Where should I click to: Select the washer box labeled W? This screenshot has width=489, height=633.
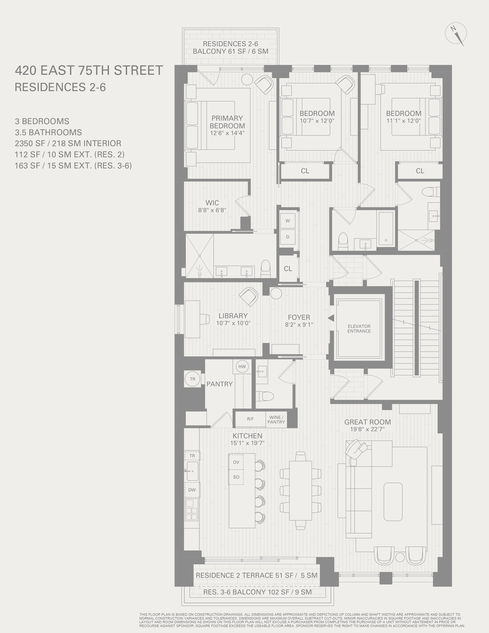click(288, 221)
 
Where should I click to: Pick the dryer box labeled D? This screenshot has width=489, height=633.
click(288, 237)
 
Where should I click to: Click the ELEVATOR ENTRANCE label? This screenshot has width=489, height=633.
click(359, 328)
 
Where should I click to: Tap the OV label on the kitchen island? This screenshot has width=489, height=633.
click(236, 462)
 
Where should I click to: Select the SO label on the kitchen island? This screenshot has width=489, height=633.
click(236, 477)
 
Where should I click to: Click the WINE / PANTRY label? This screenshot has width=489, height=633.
click(276, 420)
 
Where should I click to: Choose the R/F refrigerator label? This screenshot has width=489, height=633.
click(250, 419)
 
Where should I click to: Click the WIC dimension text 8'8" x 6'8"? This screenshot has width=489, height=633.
click(212, 210)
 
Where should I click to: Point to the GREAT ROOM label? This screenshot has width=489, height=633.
click(367, 422)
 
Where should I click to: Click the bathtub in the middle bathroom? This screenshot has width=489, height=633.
click(386, 228)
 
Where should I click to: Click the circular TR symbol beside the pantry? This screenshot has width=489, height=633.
click(192, 379)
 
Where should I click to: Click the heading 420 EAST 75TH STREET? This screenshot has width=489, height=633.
click(89, 70)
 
